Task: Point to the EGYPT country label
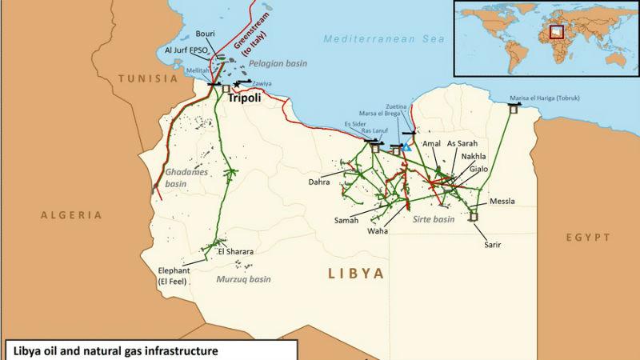[x=588, y=238]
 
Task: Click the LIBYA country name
[x=356, y=274]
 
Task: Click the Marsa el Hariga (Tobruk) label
[x=544, y=98]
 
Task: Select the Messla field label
[x=502, y=201]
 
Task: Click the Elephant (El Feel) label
[x=175, y=275]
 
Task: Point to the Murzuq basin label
[x=243, y=279]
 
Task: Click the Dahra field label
[x=319, y=182]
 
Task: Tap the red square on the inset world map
[x=557, y=32]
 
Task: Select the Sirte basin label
[x=433, y=218]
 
